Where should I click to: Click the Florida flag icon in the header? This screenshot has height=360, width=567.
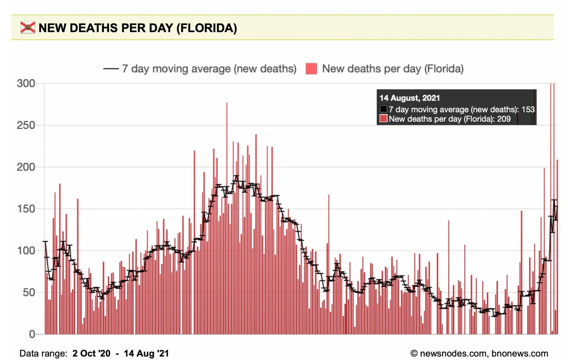pyautogui.click(x=28, y=28)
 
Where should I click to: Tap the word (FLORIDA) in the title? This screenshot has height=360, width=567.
pyautogui.click(x=207, y=28)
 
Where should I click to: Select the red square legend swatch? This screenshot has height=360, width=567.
pyautogui.click(x=311, y=69)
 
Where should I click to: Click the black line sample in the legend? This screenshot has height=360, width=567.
pyautogui.click(x=111, y=69)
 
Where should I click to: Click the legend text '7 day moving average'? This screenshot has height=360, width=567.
pyautogui.click(x=176, y=69)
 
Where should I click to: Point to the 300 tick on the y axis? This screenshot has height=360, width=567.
pyautogui.click(x=26, y=84)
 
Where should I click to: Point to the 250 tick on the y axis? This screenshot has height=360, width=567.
pyautogui.click(x=26, y=125)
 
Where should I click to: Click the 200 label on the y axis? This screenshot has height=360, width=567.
pyautogui.click(x=26, y=167)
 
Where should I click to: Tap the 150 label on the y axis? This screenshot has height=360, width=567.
pyautogui.click(x=26, y=209)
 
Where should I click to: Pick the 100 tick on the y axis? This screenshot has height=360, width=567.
pyautogui.click(x=26, y=251)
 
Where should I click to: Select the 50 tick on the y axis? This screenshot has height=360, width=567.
pyautogui.click(x=29, y=292)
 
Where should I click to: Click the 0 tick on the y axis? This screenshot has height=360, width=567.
pyautogui.click(x=32, y=334)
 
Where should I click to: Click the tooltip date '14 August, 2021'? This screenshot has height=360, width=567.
pyautogui.click(x=410, y=98)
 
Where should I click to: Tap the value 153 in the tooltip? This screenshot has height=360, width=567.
pyautogui.click(x=528, y=110)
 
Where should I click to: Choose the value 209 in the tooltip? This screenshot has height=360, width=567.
pyautogui.click(x=503, y=119)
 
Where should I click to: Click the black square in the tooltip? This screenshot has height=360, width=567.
pyautogui.click(x=384, y=109)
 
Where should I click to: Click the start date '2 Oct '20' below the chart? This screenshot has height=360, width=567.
pyautogui.click(x=91, y=354)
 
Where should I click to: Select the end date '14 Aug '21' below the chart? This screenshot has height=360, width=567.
pyautogui.click(x=146, y=354)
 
